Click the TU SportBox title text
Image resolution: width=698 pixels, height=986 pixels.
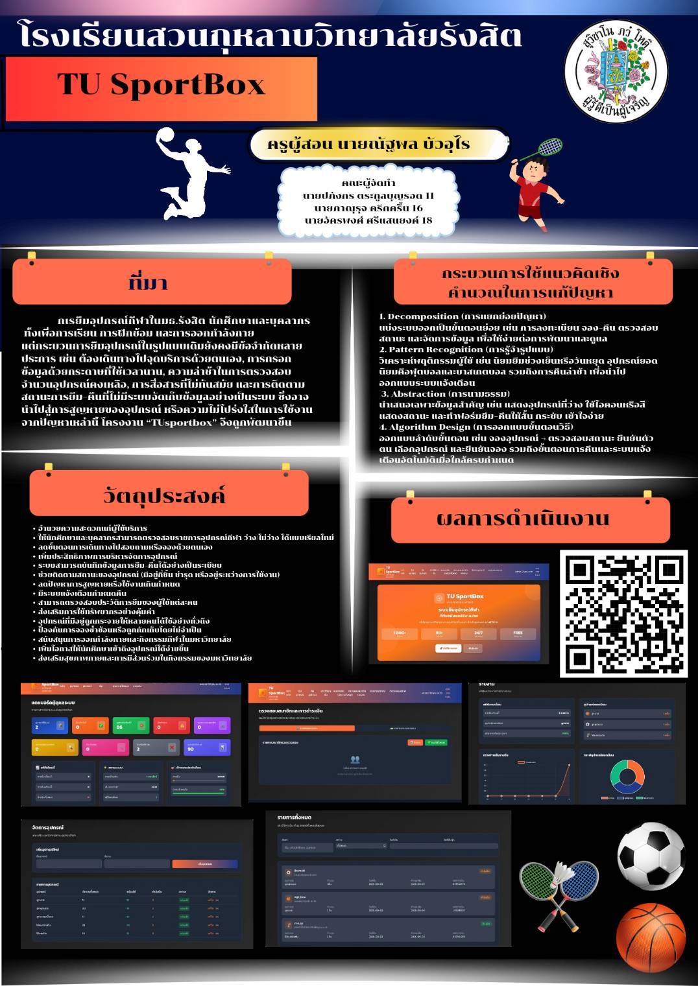(161, 85)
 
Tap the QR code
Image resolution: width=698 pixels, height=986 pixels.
(623, 613)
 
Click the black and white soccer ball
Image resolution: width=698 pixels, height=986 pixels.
(650, 856)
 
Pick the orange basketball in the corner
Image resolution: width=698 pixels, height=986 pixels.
(650, 936)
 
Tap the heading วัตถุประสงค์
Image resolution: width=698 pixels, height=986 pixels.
(164, 496)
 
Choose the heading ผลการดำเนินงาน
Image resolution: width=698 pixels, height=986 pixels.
(523, 519)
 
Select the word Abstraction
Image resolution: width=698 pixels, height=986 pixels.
(418, 393)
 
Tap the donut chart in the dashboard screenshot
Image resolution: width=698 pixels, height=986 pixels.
(627, 776)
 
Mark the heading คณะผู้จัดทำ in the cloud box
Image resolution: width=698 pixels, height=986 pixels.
(368, 183)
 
